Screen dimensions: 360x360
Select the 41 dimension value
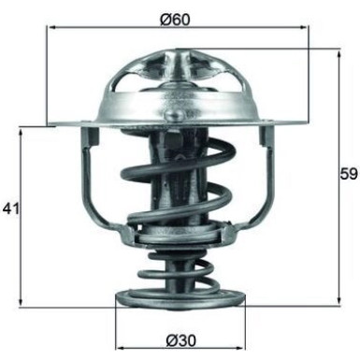pos(12,208)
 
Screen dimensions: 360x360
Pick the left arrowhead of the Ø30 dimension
pos(119,338)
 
